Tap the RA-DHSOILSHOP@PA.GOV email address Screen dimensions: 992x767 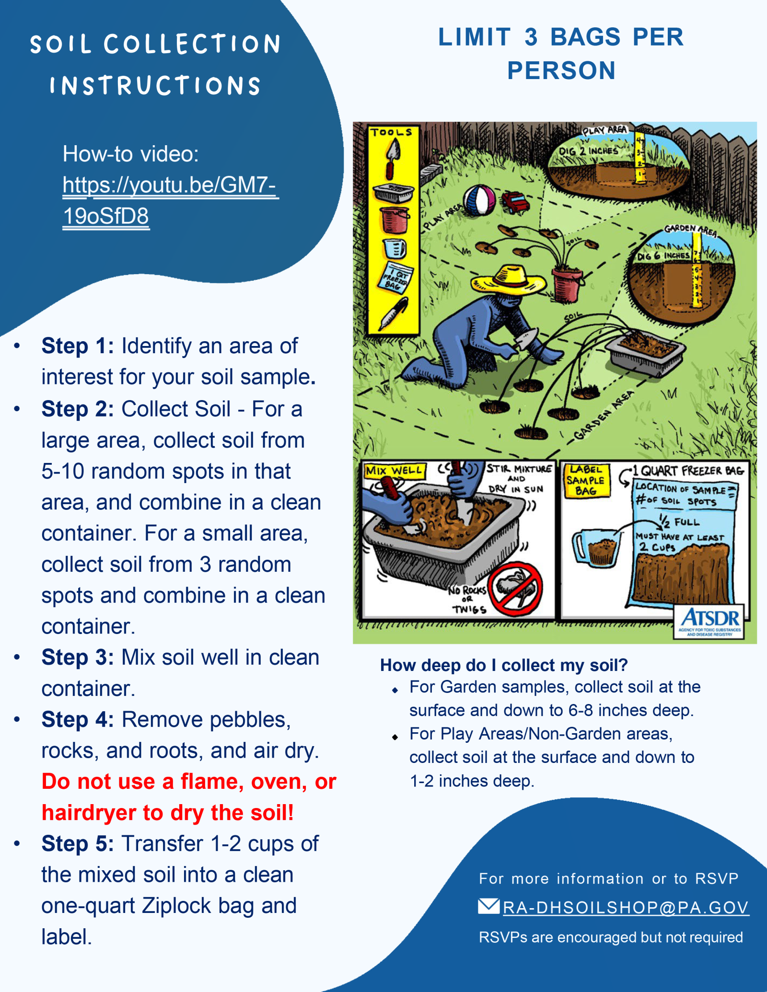tap(625, 907)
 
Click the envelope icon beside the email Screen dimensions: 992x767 tap(488, 906)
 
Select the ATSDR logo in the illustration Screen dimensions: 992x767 tap(709, 622)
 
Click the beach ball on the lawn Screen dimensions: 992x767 tap(478, 200)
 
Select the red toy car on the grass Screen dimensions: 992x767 tap(516, 203)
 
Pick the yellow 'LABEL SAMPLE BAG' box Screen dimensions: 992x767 tap(586, 480)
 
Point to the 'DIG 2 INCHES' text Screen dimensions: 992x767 tap(588, 151)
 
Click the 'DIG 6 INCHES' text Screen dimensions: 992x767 tap(662, 256)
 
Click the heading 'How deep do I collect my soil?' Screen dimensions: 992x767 tap(503, 665)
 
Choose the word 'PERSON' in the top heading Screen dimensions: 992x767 tap(561, 71)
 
